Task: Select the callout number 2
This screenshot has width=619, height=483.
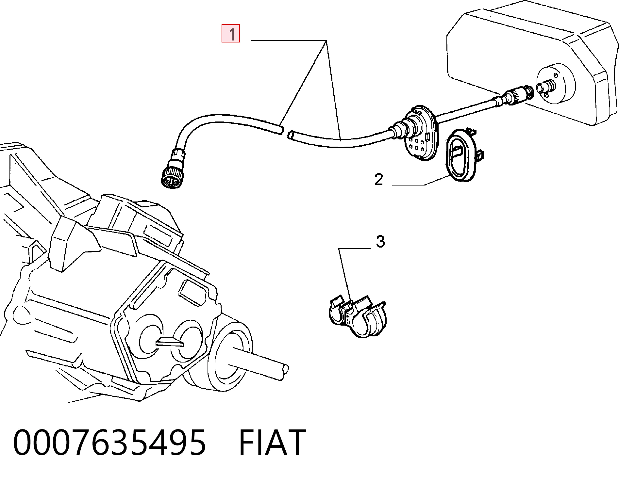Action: [x=379, y=179]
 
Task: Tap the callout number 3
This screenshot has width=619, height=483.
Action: [x=380, y=242]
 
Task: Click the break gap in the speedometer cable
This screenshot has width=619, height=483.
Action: [x=285, y=134]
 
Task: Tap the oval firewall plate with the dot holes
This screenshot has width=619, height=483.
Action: [x=420, y=132]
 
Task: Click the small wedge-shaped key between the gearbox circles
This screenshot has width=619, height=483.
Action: [x=170, y=342]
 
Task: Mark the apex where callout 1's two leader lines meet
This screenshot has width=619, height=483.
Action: [x=326, y=40]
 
